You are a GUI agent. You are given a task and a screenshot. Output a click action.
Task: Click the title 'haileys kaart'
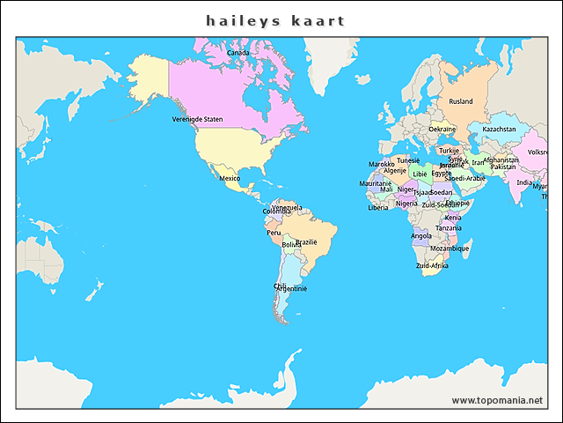pyautogui.click(x=275, y=20)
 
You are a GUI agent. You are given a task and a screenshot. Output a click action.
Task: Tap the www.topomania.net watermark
pyautogui.click(x=497, y=400)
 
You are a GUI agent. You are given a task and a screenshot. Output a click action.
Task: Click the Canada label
pyautogui.click(x=238, y=53)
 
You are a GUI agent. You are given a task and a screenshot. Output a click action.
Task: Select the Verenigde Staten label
pyautogui.click(x=197, y=119)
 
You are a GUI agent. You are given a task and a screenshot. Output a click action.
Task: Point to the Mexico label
pyautogui.click(x=230, y=178)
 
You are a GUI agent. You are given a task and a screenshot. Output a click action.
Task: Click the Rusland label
pyautogui.click(x=461, y=101)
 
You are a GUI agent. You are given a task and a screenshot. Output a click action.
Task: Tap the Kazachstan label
pyautogui.click(x=499, y=129)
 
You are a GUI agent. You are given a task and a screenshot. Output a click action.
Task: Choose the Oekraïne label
pyautogui.click(x=442, y=129)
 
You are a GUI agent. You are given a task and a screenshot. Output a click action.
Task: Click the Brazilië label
pyautogui.click(x=306, y=241)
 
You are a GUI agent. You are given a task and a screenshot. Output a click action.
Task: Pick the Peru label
pyautogui.click(x=274, y=233)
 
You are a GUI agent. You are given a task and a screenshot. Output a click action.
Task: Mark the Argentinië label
pyautogui.click(x=294, y=288)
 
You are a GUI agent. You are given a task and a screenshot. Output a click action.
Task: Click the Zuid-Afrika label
pyautogui.click(x=432, y=265)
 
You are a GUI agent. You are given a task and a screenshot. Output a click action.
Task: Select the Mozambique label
pyautogui.click(x=450, y=249)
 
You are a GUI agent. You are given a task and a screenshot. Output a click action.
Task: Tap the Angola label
pyautogui.click(x=421, y=235)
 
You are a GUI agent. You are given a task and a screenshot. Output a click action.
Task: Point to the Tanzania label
pyautogui.click(x=449, y=227)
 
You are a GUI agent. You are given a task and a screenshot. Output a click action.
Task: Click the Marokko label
pyautogui.click(x=381, y=164)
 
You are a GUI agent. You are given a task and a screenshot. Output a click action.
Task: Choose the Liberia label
pyautogui.click(x=377, y=208)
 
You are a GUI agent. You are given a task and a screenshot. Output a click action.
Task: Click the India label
pyautogui.click(x=523, y=182)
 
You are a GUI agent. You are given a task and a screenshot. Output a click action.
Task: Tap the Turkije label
pyautogui.click(x=449, y=150)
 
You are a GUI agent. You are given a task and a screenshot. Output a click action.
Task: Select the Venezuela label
pyautogui.click(x=287, y=207)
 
